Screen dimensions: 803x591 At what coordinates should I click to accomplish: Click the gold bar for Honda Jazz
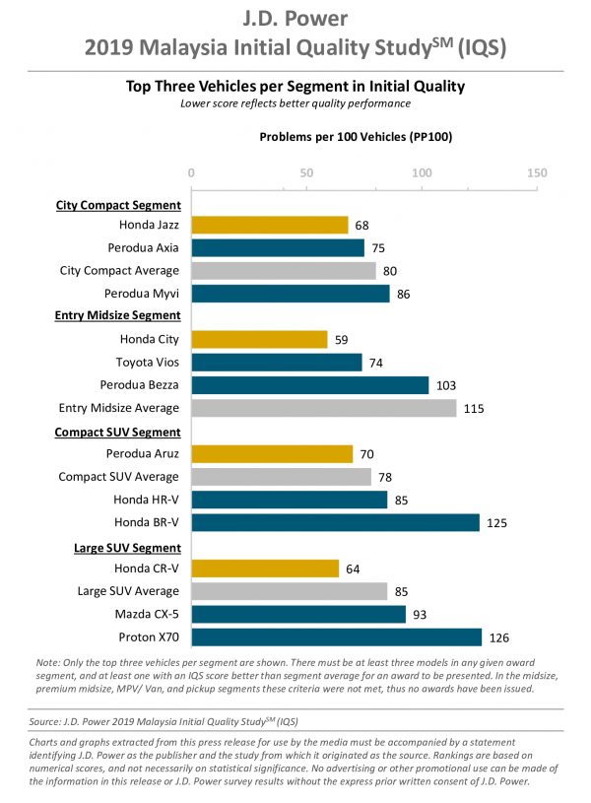(269, 225)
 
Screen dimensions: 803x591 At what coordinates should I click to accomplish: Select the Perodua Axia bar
(277, 247)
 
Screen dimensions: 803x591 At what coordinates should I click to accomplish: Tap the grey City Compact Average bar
(283, 270)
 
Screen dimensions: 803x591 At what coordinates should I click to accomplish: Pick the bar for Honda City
(259, 339)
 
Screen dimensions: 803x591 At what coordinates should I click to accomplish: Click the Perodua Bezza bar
(309, 385)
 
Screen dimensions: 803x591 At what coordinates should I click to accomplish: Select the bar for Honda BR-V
(335, 522)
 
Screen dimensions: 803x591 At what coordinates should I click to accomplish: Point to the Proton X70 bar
(336, 637)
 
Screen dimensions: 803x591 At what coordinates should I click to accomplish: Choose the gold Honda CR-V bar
(264, 569)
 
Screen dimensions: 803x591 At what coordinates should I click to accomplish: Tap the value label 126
(502, 637)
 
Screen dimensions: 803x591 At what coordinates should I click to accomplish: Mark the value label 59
(342, 339)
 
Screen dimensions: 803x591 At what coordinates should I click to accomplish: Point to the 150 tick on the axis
(537, 172)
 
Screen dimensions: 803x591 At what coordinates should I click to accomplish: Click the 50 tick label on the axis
(306, 172)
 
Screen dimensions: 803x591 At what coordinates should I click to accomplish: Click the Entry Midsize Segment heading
(117, 315)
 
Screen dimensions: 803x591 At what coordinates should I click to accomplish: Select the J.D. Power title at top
(295, 19)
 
